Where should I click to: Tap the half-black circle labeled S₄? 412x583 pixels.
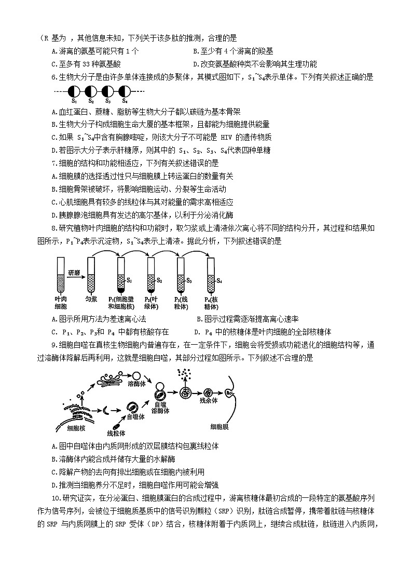[x=125, y=91]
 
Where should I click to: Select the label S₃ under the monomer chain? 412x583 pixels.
[x=108, y=101]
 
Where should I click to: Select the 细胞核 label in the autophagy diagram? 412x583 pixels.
[x=70, y=428]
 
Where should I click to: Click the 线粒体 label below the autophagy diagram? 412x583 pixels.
[x=117, y=432]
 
